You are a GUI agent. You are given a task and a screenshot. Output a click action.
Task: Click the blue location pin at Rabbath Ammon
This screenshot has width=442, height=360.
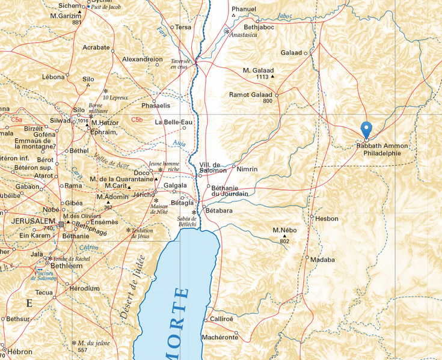pyautogui.click(x=366, y=129)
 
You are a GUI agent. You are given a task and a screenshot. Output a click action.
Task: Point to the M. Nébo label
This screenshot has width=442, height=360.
pyautogui.click(x=284, y=230)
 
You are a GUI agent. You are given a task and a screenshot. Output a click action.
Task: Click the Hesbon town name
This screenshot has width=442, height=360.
pyautogui.click(x=327, y=219)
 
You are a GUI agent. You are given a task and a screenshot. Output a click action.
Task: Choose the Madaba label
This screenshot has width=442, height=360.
pyautogui.click(x=322, y=260)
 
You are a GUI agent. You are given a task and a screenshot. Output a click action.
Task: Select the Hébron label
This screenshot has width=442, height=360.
pyautogui.click(x=20, y=351)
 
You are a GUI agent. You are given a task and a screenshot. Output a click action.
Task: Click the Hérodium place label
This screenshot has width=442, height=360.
pyautogui.click(x=84, y=288)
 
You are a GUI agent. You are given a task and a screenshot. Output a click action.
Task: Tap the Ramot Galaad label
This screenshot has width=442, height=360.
pyautogui.click(x=251, y=94)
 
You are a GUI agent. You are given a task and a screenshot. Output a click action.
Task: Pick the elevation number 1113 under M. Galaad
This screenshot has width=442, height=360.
pyautogui.click(x=262, y=77)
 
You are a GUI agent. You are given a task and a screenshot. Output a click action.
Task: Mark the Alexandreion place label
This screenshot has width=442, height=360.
pyautogui.click(x=142, y=59)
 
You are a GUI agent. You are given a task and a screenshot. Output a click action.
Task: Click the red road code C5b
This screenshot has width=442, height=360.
pyautogui.click(x=137, y=120)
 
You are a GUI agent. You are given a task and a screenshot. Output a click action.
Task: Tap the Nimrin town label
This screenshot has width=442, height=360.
pyautogui.click(x=247, y=169)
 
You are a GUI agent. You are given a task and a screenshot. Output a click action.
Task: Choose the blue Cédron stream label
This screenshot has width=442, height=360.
pyautogui.click(x=88, y=248)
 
